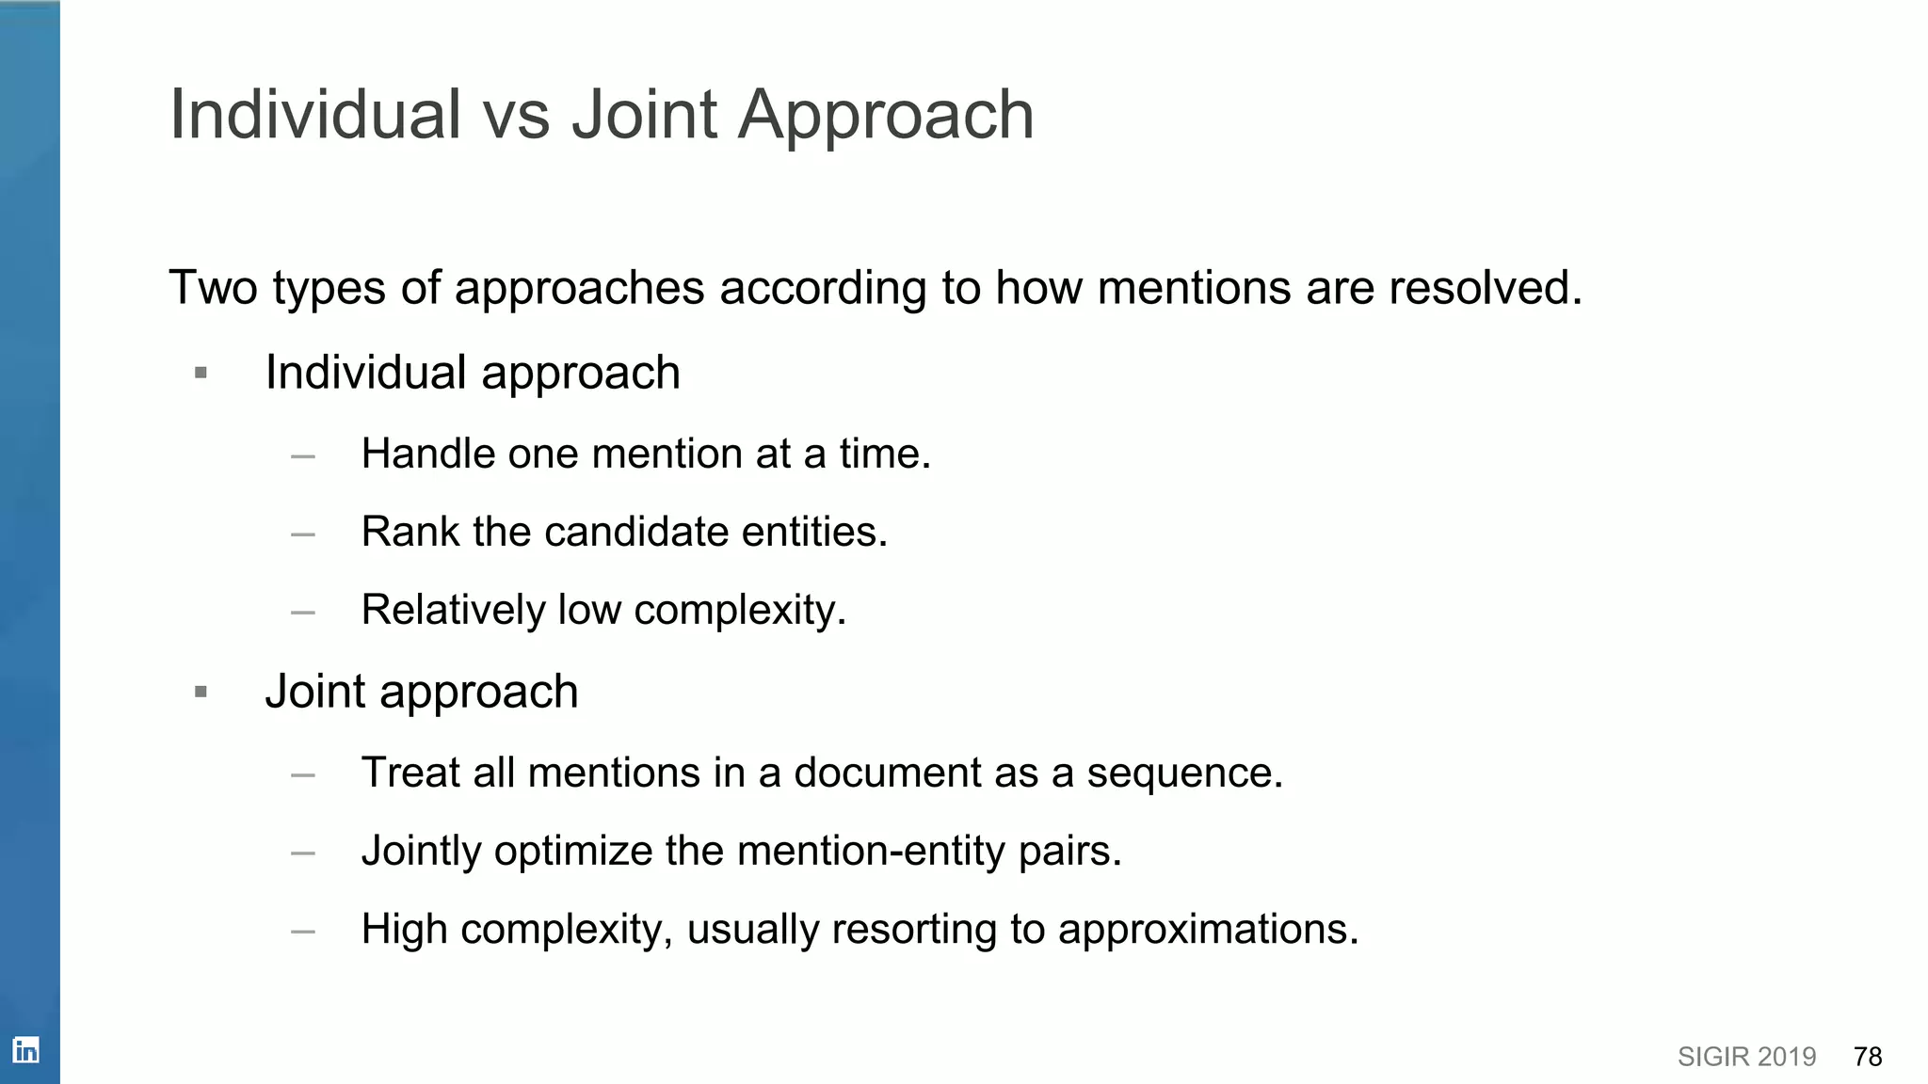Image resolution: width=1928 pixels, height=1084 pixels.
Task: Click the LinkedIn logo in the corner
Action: pos(25,1049)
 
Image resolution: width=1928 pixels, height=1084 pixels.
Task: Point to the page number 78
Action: pos(1867,1057)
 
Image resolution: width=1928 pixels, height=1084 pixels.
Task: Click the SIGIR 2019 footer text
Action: pos(1746,1057)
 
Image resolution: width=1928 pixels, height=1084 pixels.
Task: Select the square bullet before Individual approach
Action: pos(201,374)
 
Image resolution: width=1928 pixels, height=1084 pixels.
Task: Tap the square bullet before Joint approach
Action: pos(201,693)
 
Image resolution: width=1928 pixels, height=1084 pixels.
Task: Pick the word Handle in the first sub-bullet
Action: pos(427,454)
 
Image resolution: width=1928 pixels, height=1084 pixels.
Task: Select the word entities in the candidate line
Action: pos(814,532)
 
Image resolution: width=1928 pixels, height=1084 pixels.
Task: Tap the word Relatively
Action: pos(453,610)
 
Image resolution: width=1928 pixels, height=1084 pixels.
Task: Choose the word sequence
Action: pos(1184,773)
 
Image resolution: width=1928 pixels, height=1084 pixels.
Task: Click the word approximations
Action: pos(1208,930)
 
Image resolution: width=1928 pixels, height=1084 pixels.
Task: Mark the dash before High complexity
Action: pos(303,932)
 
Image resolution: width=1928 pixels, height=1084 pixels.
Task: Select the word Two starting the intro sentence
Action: pos(213,287)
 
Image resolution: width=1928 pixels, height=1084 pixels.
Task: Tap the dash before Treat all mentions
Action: pos(303,775)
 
